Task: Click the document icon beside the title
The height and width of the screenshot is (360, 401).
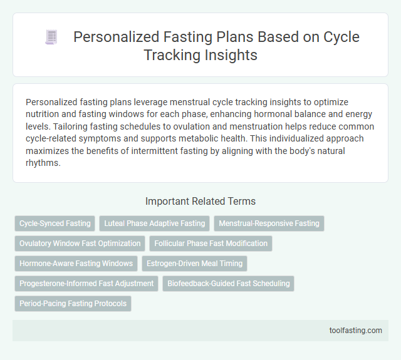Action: tap(51, 38)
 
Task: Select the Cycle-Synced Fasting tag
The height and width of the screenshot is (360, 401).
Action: tap(55, 224)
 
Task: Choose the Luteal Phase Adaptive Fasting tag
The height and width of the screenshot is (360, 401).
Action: tap(154, 224)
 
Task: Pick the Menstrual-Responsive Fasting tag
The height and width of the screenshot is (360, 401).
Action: tap(269, 224)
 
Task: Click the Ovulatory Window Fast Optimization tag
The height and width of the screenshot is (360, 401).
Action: tap(80, 244)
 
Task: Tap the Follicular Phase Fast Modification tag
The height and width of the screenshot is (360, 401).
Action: tap(211, 244)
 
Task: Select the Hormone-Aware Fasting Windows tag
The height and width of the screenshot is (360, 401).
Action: tap(76, 264)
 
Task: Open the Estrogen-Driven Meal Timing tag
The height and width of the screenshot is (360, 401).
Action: tap(194, 264)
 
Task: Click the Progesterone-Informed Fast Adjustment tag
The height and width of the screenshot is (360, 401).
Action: tap(86, 284)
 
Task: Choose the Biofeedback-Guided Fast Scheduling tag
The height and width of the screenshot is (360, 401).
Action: tap(229, 284)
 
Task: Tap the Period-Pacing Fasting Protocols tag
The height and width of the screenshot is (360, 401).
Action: tap(73, 304)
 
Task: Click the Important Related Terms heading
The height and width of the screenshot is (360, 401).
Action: tap(200, 201)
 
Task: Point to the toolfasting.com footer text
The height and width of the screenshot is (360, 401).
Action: tap(355, 331)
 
